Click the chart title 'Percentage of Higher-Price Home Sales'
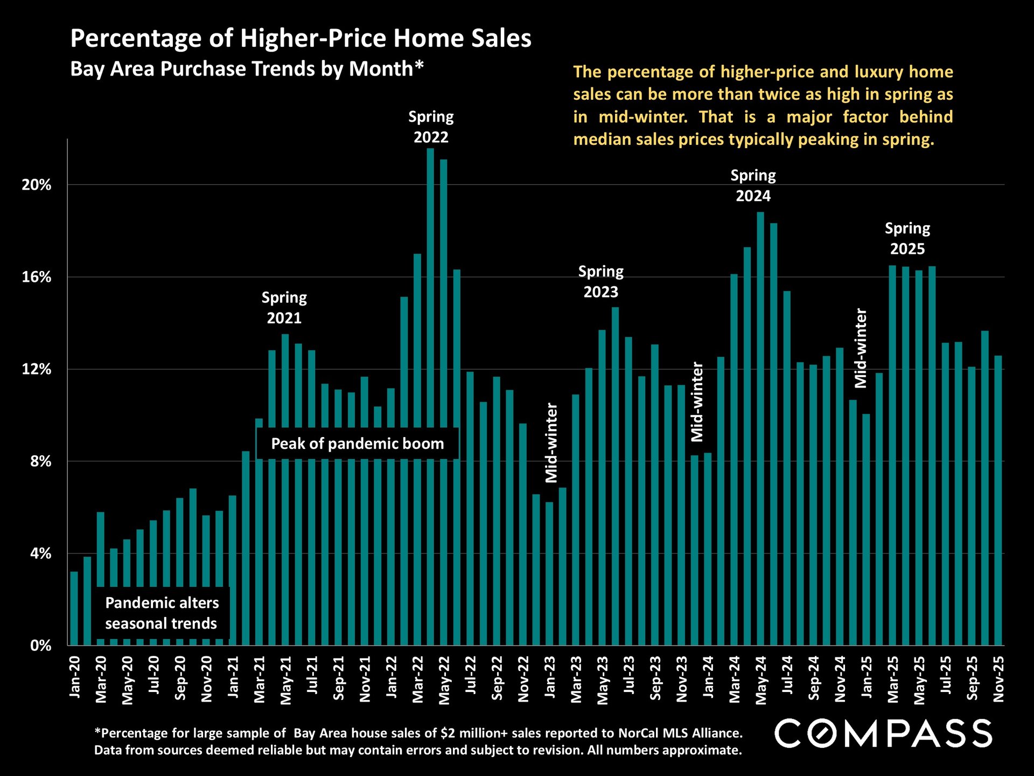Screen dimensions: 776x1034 301,39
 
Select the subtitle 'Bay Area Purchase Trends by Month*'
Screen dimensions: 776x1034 247,69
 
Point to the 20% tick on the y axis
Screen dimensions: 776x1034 36,185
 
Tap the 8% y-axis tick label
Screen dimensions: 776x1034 40,461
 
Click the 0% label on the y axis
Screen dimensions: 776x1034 40,646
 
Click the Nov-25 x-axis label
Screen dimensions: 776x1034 998,678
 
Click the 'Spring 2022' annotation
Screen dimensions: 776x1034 431,127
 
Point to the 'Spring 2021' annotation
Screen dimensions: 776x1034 284,308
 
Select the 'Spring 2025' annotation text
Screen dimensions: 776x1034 907,238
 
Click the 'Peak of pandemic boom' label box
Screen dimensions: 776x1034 357,444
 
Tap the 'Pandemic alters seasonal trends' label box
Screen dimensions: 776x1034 162,613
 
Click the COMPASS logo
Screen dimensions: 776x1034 883,733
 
